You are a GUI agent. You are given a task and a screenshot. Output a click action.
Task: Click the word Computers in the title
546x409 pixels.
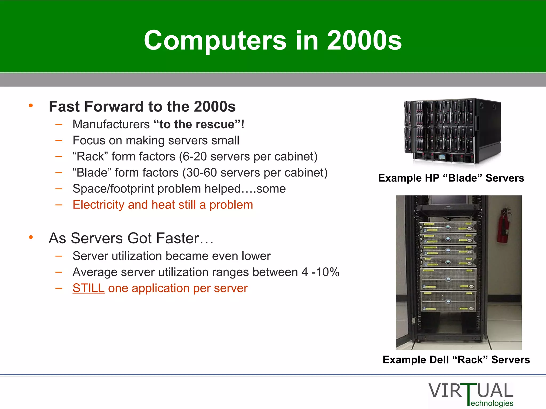(x=215, y=40)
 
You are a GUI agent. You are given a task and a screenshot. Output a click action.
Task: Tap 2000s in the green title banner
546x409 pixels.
(x=364, y=40)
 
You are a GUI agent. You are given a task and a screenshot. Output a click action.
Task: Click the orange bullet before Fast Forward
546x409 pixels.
(x=31, y=106)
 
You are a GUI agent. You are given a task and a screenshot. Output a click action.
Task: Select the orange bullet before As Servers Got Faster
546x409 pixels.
(x=31, y=237)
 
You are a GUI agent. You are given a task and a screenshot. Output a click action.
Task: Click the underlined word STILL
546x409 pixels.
(x=88, y=288)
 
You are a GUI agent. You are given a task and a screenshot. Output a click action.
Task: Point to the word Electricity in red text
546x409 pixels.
(x=98, y=205)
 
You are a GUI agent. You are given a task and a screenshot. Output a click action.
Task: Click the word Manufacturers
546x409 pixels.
(x=111, y=124)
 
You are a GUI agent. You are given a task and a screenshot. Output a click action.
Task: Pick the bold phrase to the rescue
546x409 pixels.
(x=197, y=124)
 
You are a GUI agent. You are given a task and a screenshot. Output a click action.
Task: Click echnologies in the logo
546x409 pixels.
(x=492, y=403)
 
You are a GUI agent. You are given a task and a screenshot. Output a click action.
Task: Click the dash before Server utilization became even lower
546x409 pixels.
(x=59, y=256)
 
